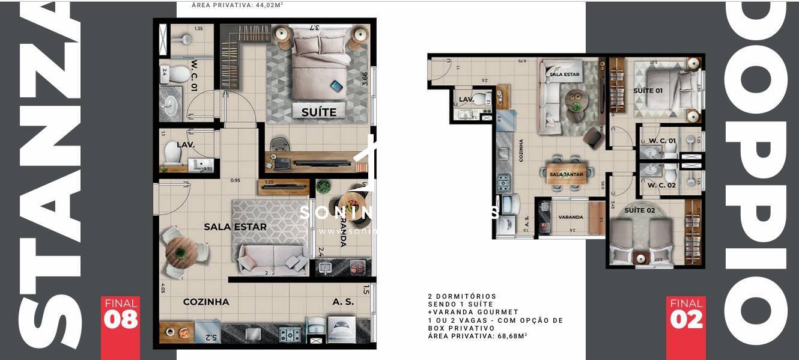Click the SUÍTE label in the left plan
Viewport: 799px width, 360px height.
319,112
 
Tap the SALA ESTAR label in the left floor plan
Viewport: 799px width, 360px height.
235,227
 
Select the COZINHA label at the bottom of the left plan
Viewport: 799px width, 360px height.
206,302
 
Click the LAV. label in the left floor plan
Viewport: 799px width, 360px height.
186,145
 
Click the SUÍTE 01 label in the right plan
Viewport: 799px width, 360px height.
648,91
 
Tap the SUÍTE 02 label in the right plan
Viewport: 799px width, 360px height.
639,210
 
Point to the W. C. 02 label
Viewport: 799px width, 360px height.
661,185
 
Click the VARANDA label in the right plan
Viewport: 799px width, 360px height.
570,217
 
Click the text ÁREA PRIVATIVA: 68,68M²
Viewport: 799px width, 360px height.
478,337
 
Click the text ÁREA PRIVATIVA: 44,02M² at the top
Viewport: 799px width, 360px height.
237,5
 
